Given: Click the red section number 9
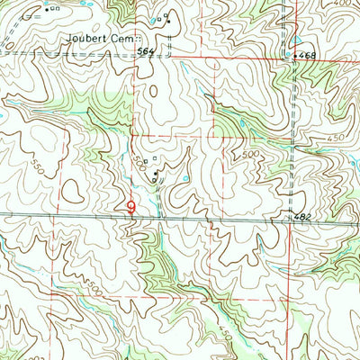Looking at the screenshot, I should click(132, 207).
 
